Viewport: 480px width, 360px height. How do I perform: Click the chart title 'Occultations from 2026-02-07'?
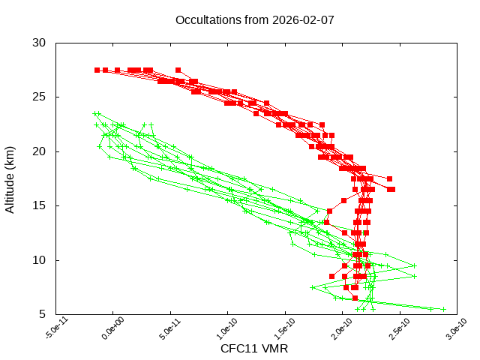coord(255,19)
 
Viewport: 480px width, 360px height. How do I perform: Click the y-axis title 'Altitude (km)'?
coord(10,178)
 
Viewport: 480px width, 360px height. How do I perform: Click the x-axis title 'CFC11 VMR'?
coord(254,349)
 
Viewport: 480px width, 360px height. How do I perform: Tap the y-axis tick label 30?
coord(40,43)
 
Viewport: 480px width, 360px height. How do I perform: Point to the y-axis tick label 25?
coord(40,97)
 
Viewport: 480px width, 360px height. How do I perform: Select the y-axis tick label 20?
coord(40,151)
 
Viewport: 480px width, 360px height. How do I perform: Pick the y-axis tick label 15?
coord(40,205)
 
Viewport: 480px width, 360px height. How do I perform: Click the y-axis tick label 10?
coord(40,260)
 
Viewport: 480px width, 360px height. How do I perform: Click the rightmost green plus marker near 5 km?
coord(443,309)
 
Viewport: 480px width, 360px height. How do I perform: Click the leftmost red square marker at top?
coord(97,70)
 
